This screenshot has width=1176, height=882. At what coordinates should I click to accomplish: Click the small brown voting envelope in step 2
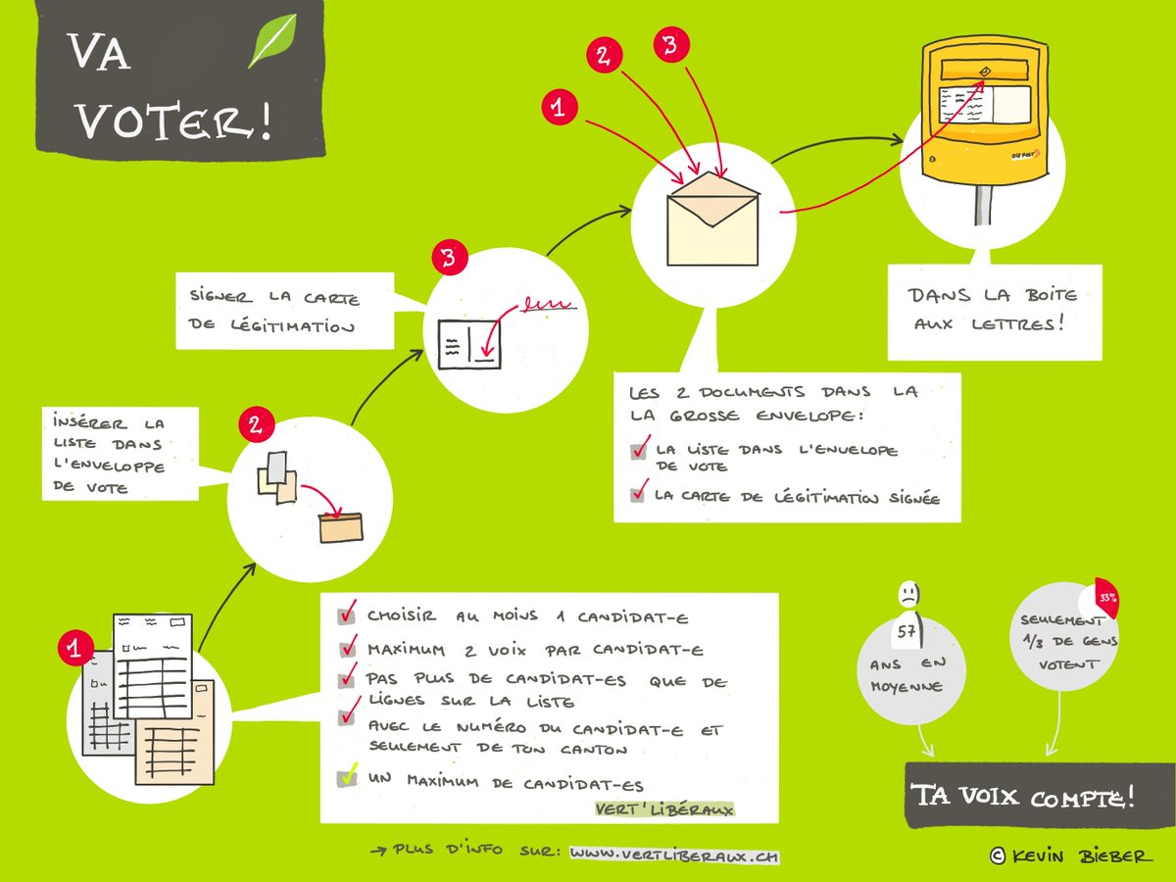[x=340, y=527]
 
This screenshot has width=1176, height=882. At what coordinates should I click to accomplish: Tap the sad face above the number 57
[x=907, y=595]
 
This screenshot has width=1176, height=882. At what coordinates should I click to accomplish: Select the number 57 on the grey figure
[x=906, y=632]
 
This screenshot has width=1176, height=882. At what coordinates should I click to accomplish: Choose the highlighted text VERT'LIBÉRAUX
[x=664, y=809]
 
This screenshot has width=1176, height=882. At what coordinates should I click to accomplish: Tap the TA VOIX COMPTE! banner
[x=1023, y=795]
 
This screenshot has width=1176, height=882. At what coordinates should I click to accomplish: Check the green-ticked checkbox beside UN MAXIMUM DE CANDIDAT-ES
[x=346, y=778]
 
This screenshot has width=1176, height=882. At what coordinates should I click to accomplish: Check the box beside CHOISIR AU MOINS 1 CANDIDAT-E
[x=346, y=616]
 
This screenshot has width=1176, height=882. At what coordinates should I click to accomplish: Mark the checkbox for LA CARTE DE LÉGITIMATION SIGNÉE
[x=638, y=495]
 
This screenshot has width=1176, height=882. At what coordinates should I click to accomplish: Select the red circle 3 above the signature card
[x=449, y=260]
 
